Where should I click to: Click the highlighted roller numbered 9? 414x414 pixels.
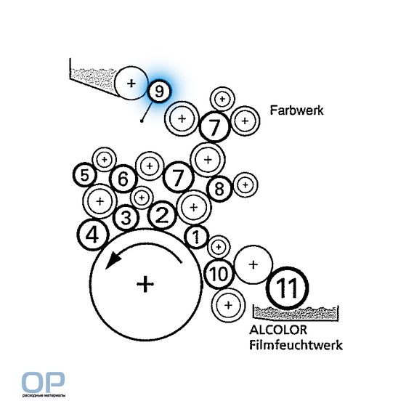coord(159,91)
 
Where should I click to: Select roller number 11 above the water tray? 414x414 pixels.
coord(288,288)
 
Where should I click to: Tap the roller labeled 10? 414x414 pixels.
coord(219,274)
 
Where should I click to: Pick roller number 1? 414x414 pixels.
coord(196,236)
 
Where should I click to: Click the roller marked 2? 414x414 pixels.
coord(162,215)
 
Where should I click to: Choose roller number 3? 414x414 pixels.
coord(126,218)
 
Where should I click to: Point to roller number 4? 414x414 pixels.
coord(93,235)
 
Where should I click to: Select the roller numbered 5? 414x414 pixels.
coord(85,175)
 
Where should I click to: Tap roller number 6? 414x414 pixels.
coord(123,179)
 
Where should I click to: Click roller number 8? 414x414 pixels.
coord(219,189)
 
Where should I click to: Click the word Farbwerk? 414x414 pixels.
coord(296,110)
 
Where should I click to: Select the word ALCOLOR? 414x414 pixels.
coord(278,330)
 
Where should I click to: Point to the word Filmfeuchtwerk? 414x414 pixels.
coord(296,345)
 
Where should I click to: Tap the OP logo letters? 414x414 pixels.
coord(43,382)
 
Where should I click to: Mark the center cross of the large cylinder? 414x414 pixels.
coord(145,284)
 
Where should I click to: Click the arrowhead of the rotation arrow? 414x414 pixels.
coord(112,259)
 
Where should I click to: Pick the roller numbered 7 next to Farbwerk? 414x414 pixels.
coord(214,126)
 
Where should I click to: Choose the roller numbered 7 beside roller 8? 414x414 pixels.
coord(178,176)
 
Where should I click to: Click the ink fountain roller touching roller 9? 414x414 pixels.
coord(131,84)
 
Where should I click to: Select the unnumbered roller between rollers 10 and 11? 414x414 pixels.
coord(253,264)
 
